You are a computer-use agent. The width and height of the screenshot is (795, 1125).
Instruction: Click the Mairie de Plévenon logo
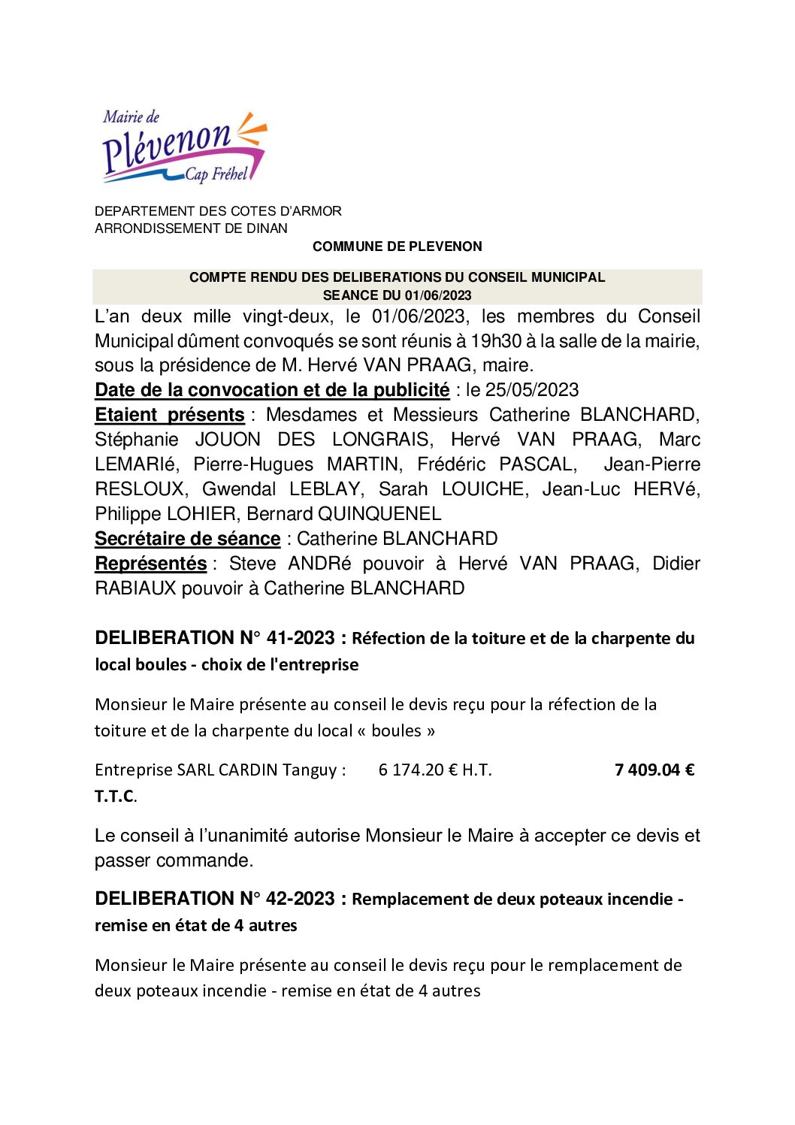(184, 148)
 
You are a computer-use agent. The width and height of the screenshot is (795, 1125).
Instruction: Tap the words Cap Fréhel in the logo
(216, 174)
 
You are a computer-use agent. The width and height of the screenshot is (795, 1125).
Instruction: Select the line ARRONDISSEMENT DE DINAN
(191, 228)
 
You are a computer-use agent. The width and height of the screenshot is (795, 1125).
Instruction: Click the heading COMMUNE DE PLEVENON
(397, 246)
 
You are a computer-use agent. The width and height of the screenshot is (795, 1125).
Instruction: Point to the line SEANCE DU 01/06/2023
(397, 295)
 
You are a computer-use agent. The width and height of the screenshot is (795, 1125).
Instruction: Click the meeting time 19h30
(496, 341)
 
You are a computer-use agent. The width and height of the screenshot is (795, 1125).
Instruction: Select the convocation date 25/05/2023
(532, 390)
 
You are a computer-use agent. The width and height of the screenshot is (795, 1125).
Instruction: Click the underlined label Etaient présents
(170, 415)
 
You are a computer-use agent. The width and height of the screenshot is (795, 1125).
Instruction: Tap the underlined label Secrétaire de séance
(187, 539)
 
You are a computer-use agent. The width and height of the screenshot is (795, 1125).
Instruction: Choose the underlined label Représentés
(150, 564)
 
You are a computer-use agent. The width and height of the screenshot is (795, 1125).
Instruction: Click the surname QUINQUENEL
(379, 514)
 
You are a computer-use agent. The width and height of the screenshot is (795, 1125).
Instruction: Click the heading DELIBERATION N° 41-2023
(215, 638)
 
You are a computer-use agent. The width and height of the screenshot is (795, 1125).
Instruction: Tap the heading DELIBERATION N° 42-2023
(215, 899)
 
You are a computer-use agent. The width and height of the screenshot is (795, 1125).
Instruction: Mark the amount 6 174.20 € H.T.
(435, 770)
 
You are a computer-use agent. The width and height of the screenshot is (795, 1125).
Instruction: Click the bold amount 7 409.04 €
(654, 770)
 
